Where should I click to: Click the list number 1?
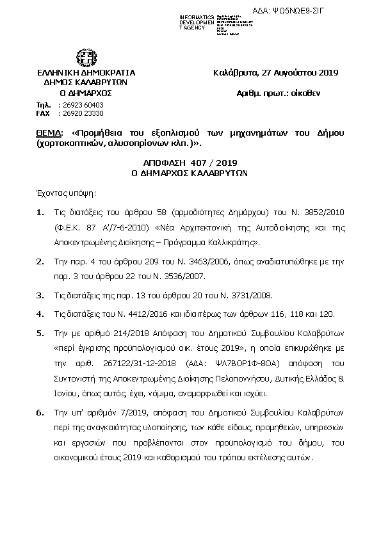tap(40, 212)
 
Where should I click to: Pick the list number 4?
tap(40, 314)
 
